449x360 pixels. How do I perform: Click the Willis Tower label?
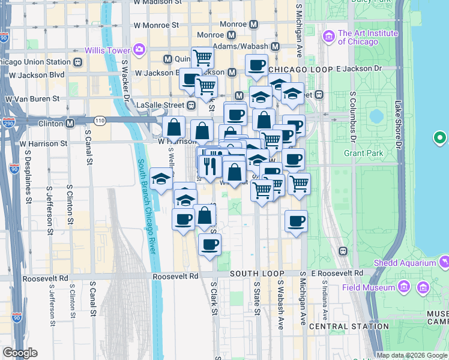click(109, 49)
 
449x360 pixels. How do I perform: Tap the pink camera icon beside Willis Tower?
click(140, 49)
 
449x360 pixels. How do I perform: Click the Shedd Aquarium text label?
click(404, 263)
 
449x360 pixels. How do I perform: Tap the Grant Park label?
click(363, 153)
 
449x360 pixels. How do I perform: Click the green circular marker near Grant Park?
click(441, 138)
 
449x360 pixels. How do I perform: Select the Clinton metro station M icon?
click(70, 124)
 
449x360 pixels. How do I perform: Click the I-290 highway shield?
click(8, 123)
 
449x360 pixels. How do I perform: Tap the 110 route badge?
click(99, 121)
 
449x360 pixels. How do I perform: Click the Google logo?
click(20, 353)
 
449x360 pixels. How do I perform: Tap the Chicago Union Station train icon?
click(79, 62)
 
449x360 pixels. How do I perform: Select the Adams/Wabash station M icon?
click(276, 46)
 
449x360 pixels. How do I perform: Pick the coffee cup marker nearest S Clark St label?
click(209, 245)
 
